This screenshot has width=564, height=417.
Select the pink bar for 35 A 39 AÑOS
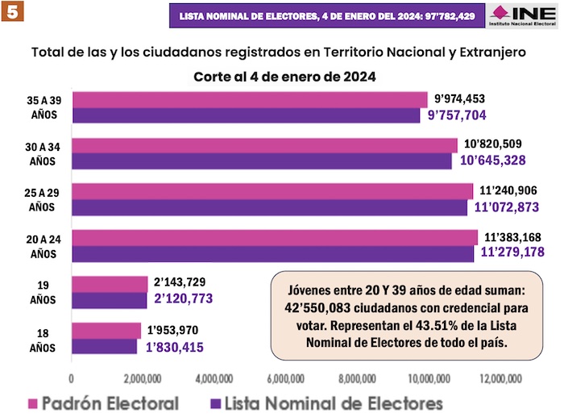pos(250,100)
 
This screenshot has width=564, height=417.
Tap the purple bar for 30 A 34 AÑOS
pos(262,161)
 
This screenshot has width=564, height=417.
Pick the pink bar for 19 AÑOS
pos(110,284)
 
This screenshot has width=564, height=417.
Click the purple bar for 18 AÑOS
pos(105,346)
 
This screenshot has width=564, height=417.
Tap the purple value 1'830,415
pos(175,348)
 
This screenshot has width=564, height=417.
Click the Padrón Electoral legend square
pos(33,402)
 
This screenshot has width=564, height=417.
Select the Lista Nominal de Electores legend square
pos(214,402)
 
